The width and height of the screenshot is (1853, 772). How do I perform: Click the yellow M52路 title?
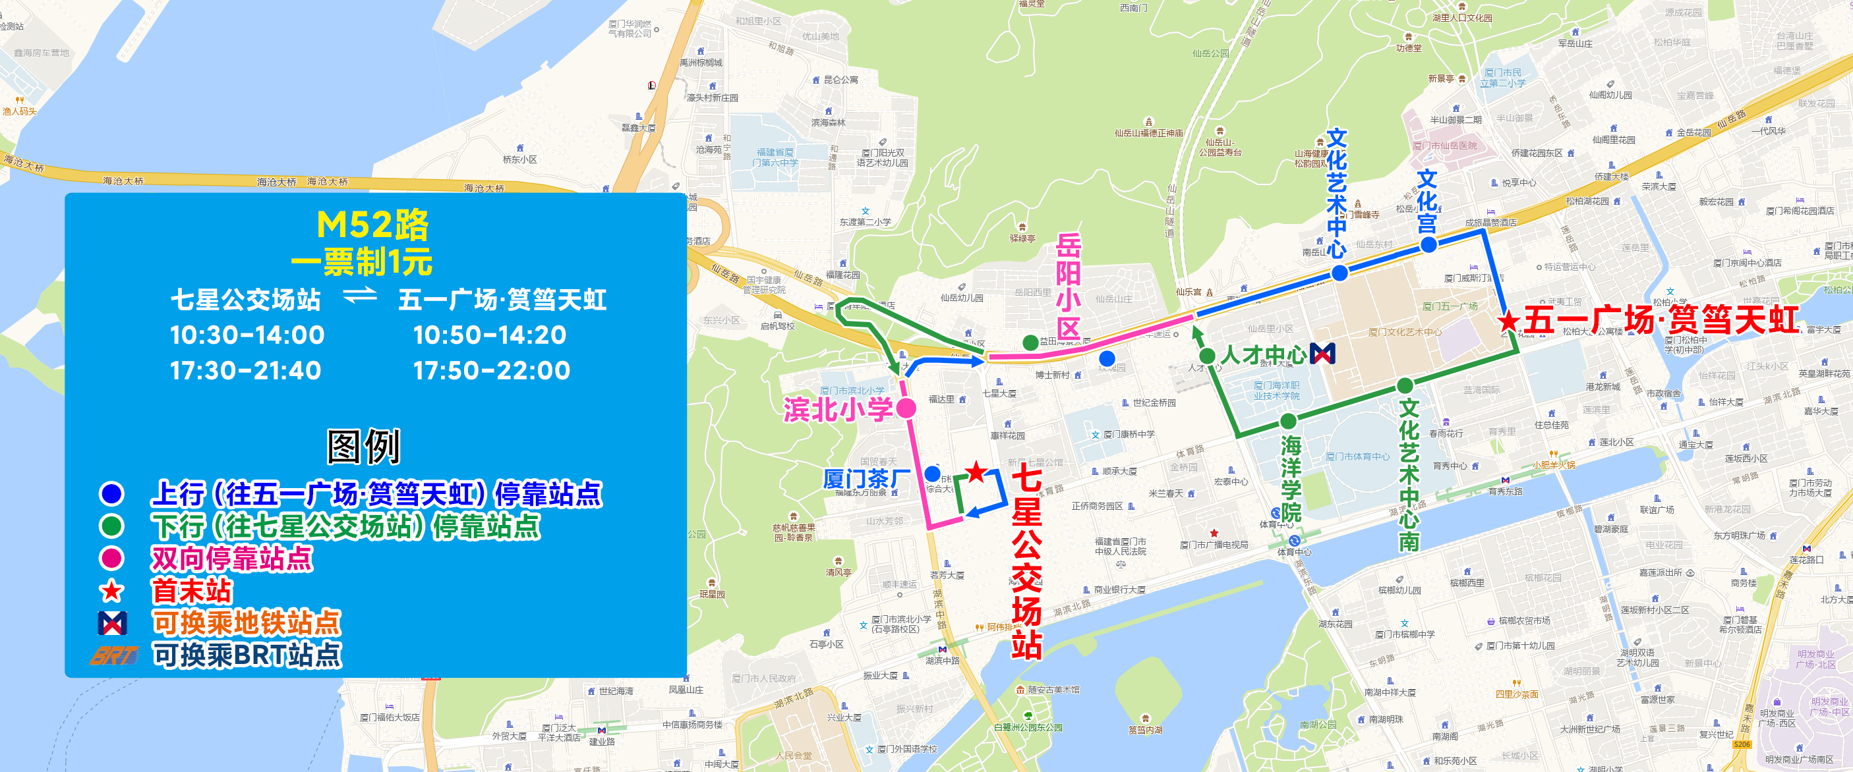pyautogui.click(x=372, y=225)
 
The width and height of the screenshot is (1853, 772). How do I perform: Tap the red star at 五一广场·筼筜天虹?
pyautogui.click(x=1508, y=321)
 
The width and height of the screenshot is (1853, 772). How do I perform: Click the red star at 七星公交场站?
pyautogui.click(x=976, y=473)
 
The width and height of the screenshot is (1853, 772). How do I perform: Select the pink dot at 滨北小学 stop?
pyautogui.click(x=906, y=408)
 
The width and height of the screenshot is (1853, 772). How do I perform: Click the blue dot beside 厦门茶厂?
pyautogui.click(x=932, y=474)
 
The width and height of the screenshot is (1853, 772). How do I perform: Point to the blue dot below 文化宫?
pyautogui.click(x=1428, y=244)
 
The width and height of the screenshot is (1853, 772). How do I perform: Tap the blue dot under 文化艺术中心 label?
pyautogui.click(x=1339, y=273)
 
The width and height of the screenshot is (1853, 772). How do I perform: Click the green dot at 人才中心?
pyautogui.click(x=1207, y=356)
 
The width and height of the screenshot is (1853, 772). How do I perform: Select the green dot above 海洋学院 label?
pyautogui.click(x=1288, y=420)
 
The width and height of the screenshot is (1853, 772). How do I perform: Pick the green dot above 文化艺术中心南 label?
pyautogui.click(x=1405, y=386)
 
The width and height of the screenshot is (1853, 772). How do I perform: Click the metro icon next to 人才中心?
pyautogui.click(x=1322, y=354)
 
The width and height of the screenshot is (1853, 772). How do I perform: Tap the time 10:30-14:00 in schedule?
pyautogui.click(x=247, y=335)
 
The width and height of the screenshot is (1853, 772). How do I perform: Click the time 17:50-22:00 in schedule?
pyautogui.click(x=491, y=371)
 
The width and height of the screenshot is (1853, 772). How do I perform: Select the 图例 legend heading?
pyautogui.click(x=363, y=447)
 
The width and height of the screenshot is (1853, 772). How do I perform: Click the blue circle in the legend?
pyautogui.click(x=111, y=494)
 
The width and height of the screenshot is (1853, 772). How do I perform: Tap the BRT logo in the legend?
pyautogui.click(x=113, y=655)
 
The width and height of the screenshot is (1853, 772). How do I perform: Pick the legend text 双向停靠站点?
pyautogui.click(x=231, y=559)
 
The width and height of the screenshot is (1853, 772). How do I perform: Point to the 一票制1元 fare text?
pyautogui.click(x=362, y=262)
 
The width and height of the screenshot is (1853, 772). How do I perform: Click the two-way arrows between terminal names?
pyautogui.click(x=360, y=296)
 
